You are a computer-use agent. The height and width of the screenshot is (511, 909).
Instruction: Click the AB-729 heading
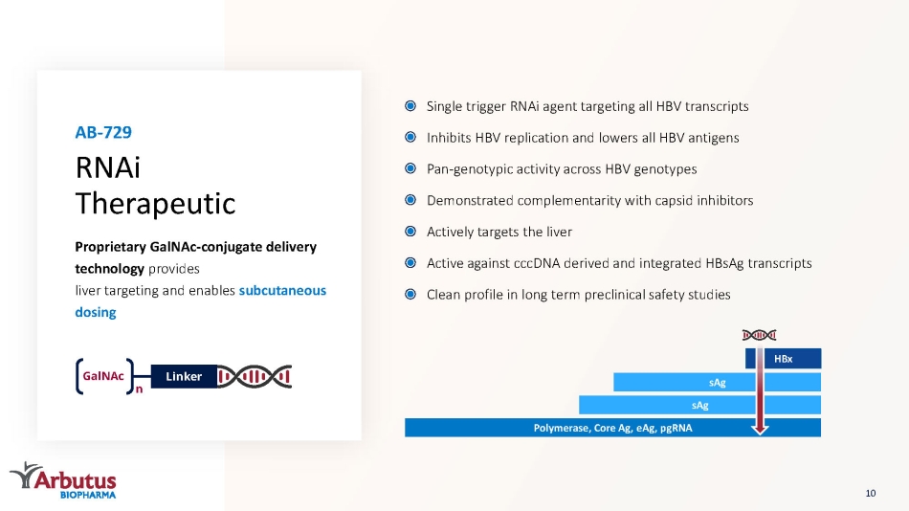click(x=103, y=132)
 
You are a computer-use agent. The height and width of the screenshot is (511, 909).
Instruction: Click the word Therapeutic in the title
click(x=155, y=204)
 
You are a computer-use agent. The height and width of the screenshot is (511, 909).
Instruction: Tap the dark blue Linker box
click(x=184, y=376)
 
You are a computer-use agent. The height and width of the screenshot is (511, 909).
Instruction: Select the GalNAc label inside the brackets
click(x=103, y=376)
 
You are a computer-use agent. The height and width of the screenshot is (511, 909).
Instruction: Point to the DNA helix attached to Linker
click(x=255, y=376)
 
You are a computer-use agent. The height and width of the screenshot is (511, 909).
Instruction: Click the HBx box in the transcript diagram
click(x=784, y=359)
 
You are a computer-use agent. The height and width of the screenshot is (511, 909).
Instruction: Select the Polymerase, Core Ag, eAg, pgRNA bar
click(x=612, y=428)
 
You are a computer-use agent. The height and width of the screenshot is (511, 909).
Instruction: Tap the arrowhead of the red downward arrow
click(x=760, y=430)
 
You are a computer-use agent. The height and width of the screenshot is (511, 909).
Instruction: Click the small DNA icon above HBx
click(x=759, y=335)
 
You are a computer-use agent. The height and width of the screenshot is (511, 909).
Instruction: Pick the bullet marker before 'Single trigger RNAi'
click(x=410, y=106)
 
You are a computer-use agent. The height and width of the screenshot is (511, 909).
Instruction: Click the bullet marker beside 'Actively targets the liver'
click(x=410, y=232)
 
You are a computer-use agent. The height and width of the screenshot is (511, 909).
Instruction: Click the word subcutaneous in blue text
click(x=282, y=290)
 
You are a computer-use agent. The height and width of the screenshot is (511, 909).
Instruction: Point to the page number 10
click(x=870, y=493)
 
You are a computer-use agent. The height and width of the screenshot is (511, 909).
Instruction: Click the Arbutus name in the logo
click(x=75, y=479)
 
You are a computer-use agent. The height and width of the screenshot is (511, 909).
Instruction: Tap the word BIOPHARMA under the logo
click(x=88, y=495)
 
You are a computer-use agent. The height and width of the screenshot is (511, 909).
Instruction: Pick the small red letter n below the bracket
click(x=139, y=389)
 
